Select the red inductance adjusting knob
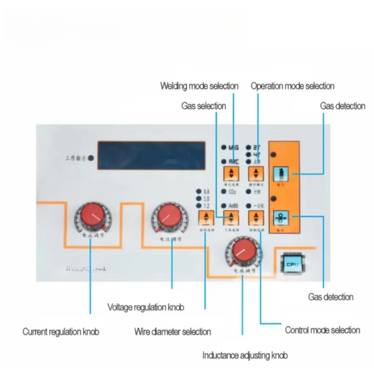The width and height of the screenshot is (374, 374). click(x=242, y=252)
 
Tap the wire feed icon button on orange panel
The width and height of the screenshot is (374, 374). click(x=281, y=218)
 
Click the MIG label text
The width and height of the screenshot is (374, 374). click(x=234, y=147)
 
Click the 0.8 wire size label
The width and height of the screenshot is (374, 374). click(x=206, y=192)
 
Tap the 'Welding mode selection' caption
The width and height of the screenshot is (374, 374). click(x=199, y=86)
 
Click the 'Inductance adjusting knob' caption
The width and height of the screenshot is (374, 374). click(x=245, y=355)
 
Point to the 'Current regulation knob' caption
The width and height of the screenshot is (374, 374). click(x=61, y=332)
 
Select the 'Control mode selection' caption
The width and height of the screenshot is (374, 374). click(x=323, y=330)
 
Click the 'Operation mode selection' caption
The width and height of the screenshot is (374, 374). click(x=293, y=86)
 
